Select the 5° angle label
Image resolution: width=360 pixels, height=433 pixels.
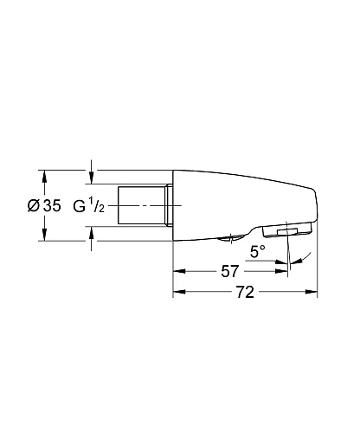257,252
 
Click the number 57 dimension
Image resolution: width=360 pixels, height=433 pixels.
229,271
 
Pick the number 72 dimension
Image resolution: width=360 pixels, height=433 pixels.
245,293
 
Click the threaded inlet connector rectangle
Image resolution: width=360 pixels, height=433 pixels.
143,205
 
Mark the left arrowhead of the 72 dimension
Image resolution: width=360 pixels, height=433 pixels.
178,293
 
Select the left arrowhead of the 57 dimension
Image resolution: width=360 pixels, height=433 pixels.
178,271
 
